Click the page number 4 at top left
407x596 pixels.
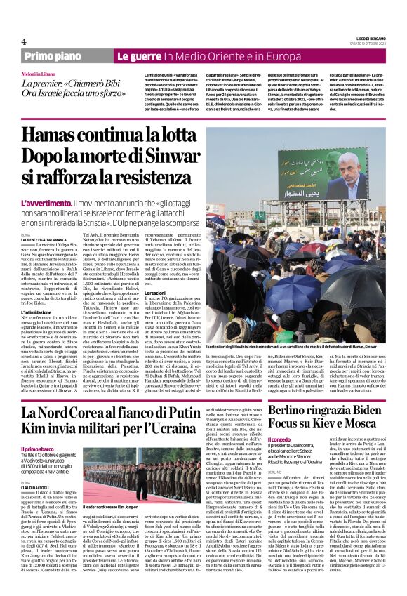tap(24, 41)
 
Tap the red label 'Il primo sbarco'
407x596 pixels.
tap(39, 449)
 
